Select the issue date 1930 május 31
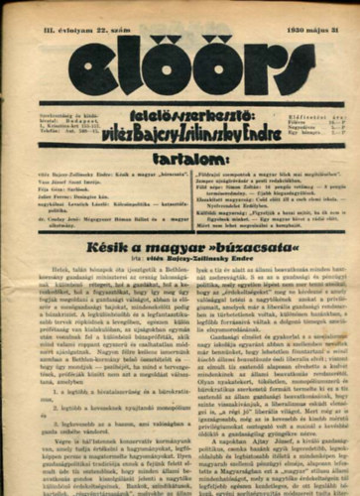(x=316, y=13)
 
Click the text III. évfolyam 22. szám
(x=62, y=13)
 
